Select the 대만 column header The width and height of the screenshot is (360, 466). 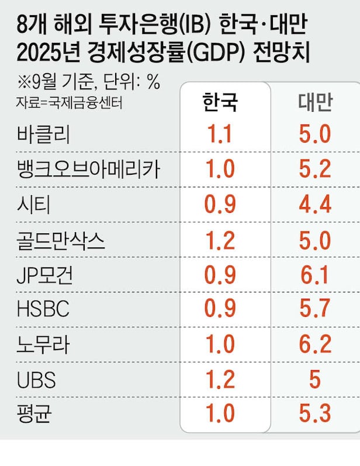click(x=315, y=102)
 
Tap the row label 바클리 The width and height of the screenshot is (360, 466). click(x=44, y=136)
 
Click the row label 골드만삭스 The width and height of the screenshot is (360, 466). click(x=61, y=240)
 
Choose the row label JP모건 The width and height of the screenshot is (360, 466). click(x=46, y=275)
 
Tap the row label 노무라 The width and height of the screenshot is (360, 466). click(x=44, y=345)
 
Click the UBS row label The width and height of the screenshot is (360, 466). click(x=37, y=380)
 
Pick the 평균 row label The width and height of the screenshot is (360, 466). click(x=35, y=414)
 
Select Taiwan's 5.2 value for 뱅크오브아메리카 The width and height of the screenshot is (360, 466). click(x=315, y=170)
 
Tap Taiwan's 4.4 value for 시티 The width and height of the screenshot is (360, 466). click(x=315, y=205)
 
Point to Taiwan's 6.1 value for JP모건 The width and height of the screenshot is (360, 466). click(x=315, y=275)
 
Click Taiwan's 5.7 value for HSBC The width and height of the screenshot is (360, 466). click(x=315, y=310)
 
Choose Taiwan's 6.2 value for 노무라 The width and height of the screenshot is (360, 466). click(x=315, y=345)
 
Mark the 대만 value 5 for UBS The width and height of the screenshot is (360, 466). click(x=315, y=380)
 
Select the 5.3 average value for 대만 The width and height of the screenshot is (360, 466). click(x=315, y=414)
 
